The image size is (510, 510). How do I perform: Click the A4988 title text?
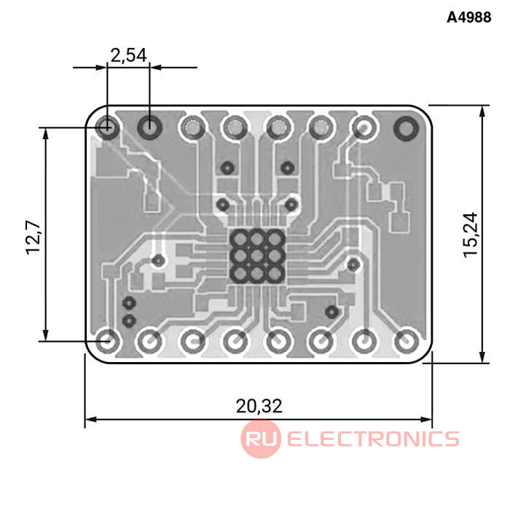click(468, 17)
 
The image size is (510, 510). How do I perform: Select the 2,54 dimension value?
click(129, 55)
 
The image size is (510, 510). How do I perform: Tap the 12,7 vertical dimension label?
click(34, 237)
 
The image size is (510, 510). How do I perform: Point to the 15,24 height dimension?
click(471, 235)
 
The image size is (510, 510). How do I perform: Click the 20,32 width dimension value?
click(259, 406)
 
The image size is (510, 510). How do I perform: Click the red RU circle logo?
click(261, 439)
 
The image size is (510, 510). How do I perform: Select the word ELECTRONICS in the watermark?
click(373, 439)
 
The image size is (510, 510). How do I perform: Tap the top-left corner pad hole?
click(106, 127)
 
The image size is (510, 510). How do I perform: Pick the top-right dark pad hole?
click(406, 127)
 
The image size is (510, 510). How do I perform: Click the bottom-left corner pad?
click(106, 341)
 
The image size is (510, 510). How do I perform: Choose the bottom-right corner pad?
click(407, 342)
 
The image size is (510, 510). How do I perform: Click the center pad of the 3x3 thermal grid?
click(257, 256)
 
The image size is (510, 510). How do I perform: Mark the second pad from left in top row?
click(149, 127)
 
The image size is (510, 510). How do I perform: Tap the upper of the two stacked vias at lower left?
click(129, 303)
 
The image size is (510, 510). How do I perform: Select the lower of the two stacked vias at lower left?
click(129, 321)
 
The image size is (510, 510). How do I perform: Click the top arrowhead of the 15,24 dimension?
click(482, 111)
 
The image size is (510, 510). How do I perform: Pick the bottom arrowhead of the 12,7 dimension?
click(46, 335)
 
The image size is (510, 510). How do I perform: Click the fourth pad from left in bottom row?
click(234, 342)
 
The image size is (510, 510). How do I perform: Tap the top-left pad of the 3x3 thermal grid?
click(240, 239)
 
